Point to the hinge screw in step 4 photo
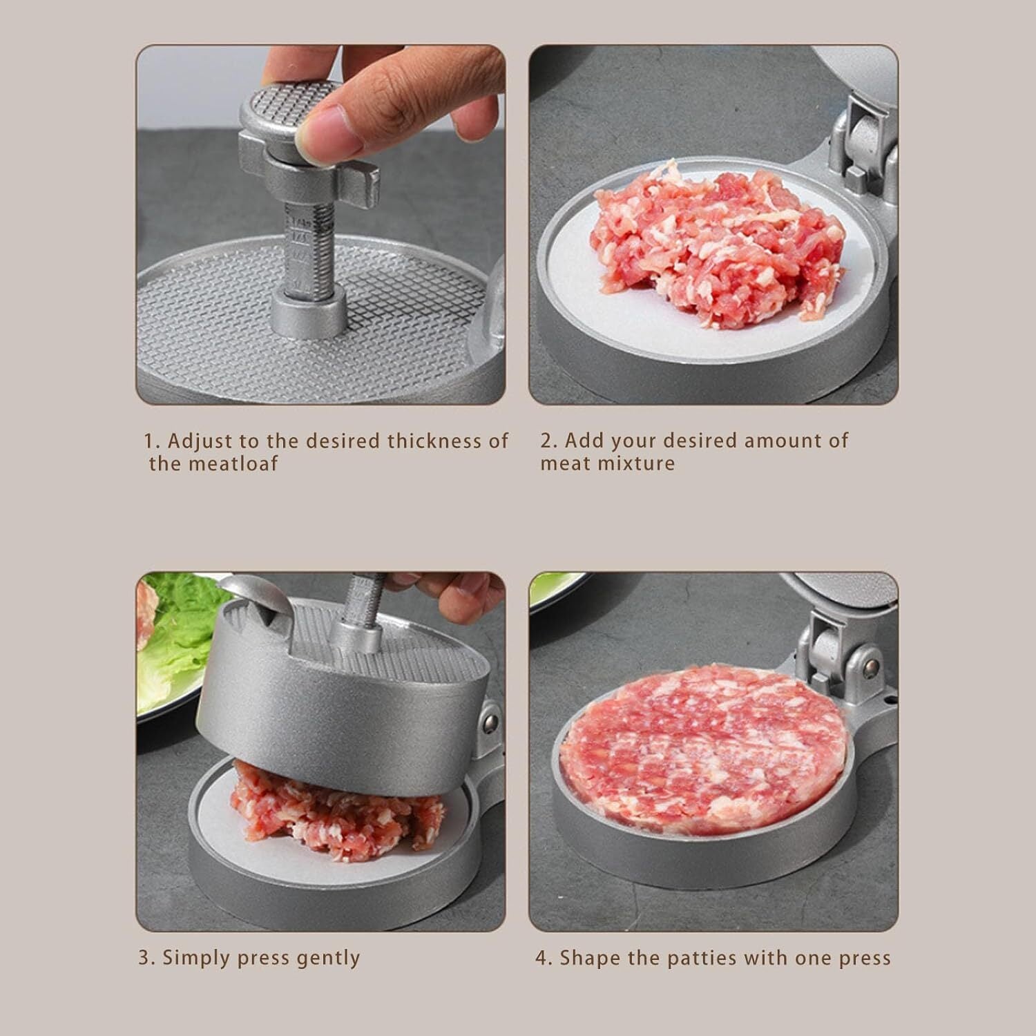(871, 666)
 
